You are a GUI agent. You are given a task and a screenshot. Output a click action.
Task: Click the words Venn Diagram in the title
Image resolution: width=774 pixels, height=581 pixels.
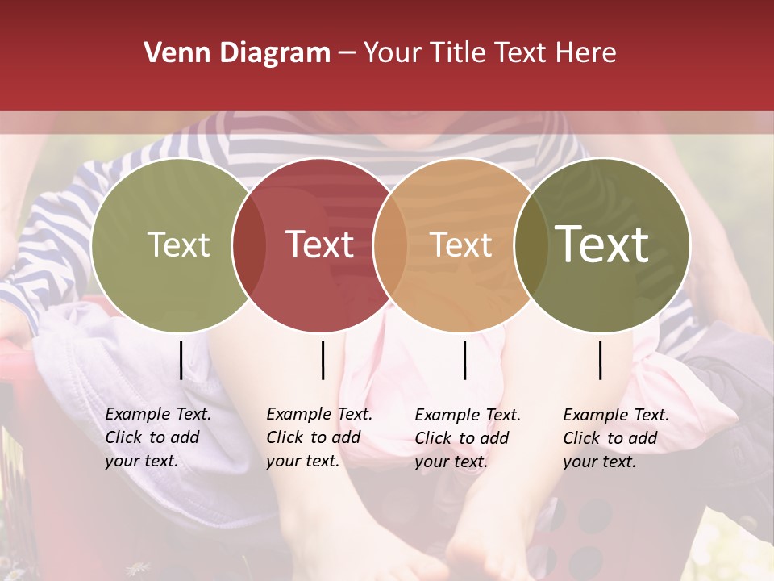click(237, 53)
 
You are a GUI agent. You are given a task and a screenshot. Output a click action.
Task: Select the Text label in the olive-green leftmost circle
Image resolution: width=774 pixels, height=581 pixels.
click(178, 245)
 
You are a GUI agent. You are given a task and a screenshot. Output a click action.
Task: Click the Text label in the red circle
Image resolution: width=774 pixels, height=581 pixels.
click(320, 245)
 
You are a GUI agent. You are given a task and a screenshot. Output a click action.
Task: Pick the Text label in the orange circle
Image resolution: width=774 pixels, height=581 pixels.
click(460, 245)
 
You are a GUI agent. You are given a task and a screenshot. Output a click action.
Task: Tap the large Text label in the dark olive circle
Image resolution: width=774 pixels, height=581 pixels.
click(602, 245)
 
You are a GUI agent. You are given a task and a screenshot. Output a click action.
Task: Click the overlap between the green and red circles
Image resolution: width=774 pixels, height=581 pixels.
click(248, 245)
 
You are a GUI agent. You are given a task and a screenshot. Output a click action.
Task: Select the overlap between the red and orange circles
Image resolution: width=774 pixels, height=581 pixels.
click(390, 245)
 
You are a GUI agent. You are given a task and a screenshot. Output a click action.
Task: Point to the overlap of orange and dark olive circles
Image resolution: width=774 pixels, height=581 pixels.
click(530, 245)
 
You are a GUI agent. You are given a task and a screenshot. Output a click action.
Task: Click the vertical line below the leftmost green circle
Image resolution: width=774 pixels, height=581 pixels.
click(181, 360)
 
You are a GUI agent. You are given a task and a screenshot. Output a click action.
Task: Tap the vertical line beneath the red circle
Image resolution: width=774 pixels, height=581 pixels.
click(322, 360)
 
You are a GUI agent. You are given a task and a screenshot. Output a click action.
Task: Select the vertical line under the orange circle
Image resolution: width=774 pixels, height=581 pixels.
click(464, 360)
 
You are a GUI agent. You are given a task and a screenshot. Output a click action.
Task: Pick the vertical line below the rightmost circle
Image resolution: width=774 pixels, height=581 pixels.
click(601, 360)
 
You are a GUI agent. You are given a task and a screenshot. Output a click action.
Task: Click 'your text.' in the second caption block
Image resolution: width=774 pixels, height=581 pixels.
click(302, 462)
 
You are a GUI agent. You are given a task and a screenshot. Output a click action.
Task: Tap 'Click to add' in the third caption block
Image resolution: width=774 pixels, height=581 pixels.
click(462, 438)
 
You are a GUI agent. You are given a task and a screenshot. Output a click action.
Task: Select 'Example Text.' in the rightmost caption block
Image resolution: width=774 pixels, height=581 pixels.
click(616, 415)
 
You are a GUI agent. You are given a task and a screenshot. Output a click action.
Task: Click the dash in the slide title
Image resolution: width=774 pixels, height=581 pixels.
click(347, 53)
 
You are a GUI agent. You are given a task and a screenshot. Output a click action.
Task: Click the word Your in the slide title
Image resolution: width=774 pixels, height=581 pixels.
click(393, 53)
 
